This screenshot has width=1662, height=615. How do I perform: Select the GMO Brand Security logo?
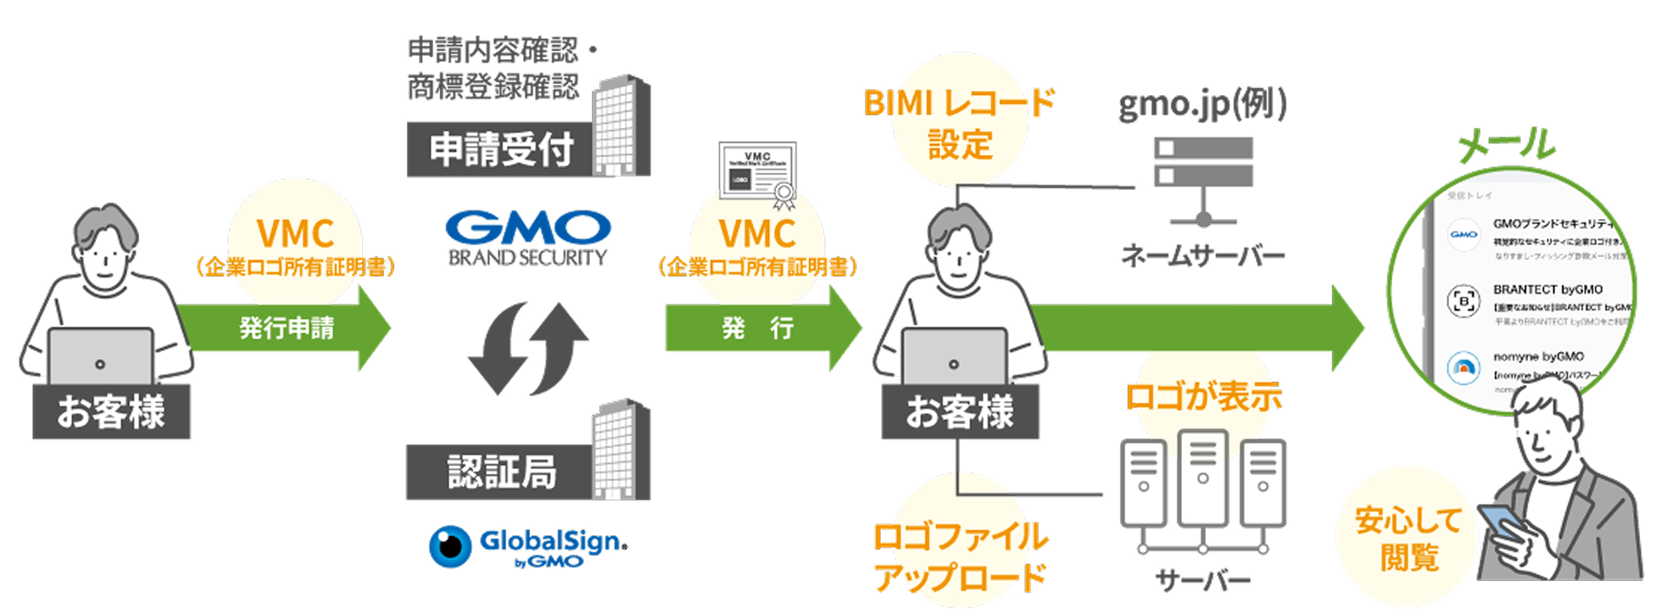(527, 238)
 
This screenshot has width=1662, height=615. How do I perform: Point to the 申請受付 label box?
(500, 150)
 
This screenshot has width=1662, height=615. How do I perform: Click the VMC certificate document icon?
(757, 173)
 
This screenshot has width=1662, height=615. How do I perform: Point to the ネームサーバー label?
(1202, 254)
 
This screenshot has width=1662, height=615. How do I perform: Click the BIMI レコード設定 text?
(959, 124)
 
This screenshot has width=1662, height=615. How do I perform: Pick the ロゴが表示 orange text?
(1202, 396)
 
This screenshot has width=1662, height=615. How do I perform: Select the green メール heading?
(1506, 144)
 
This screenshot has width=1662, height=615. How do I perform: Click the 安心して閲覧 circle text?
(1408, 540)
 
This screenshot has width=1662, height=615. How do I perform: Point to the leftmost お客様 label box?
(111, 412)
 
